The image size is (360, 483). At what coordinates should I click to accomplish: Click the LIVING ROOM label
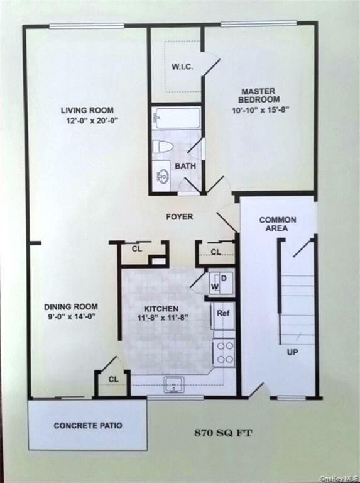[87, 111]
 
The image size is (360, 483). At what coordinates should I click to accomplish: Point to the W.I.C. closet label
[182, 67]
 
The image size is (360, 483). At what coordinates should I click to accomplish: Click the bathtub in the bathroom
[177, 118]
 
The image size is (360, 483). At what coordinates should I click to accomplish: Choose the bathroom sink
[162, 175]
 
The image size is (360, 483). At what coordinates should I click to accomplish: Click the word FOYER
[180, 217]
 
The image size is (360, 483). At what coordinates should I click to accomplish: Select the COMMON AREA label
[277, 224]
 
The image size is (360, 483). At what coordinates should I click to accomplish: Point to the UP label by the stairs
[292, 352]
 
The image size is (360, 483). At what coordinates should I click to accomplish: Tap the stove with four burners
[224, 352]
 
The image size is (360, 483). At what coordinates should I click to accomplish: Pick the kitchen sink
[174, 384]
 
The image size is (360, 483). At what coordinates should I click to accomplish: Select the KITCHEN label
[161, 309]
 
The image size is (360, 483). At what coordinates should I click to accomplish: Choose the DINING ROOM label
[70, 307]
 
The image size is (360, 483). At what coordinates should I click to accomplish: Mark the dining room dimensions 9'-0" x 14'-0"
[70, 317]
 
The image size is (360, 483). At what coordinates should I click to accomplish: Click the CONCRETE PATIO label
[88, 426]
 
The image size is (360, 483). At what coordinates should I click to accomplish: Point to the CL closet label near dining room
[113, 379]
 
